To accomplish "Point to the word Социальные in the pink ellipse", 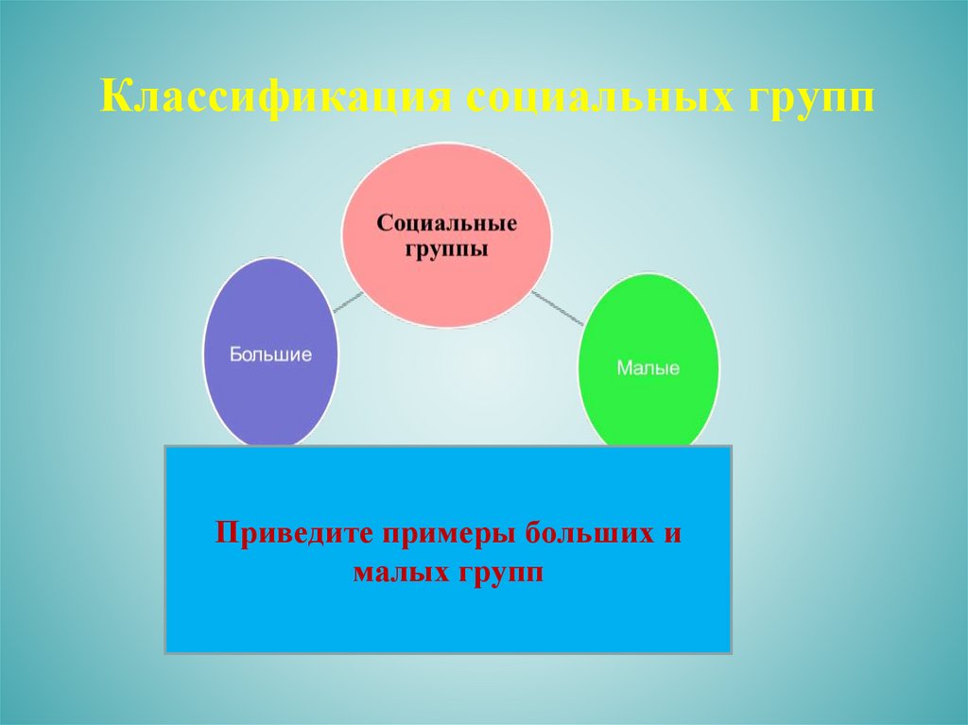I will [x=447, y=224].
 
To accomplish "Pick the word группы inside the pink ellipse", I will [x=447, y=250].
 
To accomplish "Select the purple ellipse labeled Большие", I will [x=271, y=312].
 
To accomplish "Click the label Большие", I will [x=271, y=354].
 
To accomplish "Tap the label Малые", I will [x=648, y=368].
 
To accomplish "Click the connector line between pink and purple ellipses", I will [x=348, y=302].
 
